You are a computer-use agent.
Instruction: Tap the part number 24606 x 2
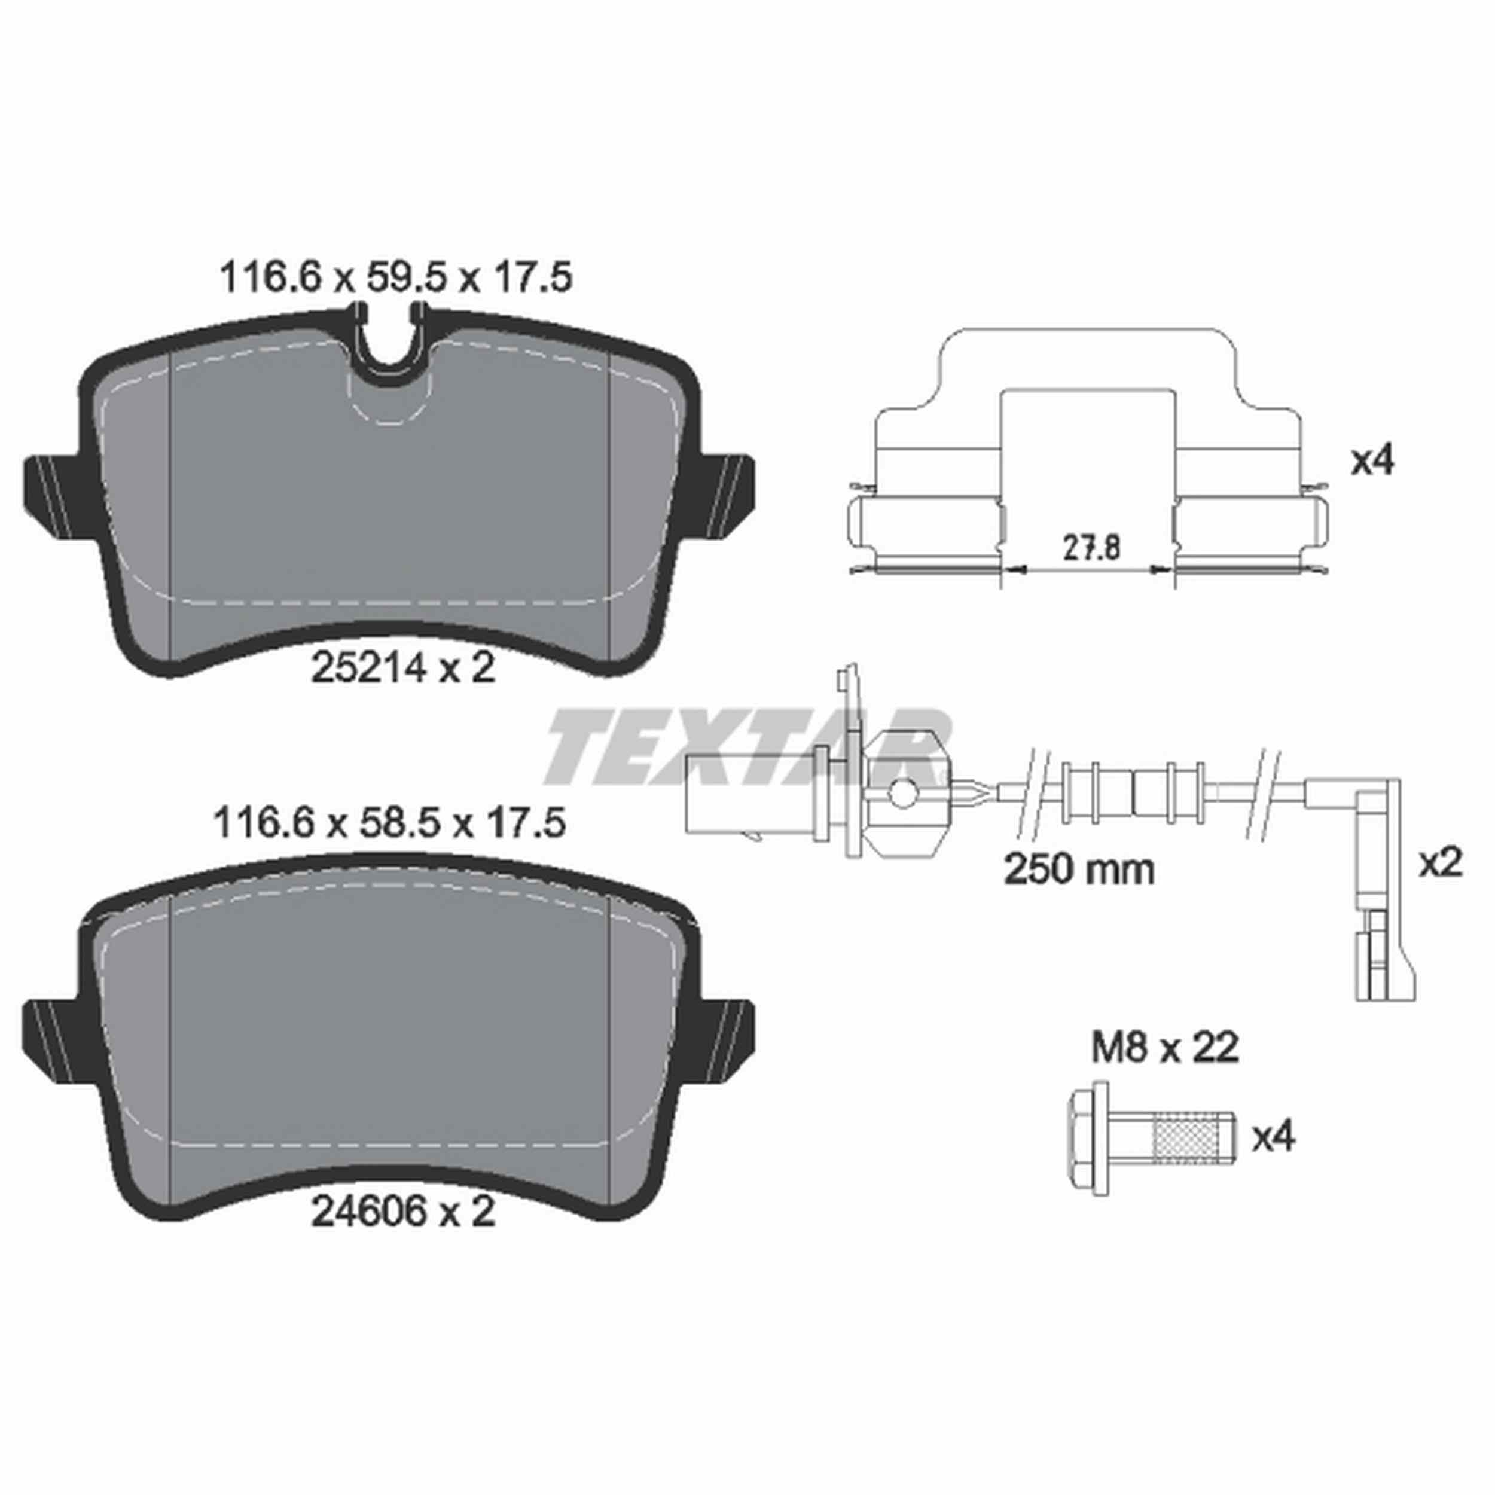click(x=402, y=1213)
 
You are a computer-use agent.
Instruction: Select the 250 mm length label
click(x=1079, y=869)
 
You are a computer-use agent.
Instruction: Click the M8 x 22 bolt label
click(x=1164, y=1048)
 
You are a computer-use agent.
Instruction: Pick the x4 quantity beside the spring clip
click(x=1372, y=462)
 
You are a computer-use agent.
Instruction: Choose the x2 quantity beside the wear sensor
click(x=1440, y=863)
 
